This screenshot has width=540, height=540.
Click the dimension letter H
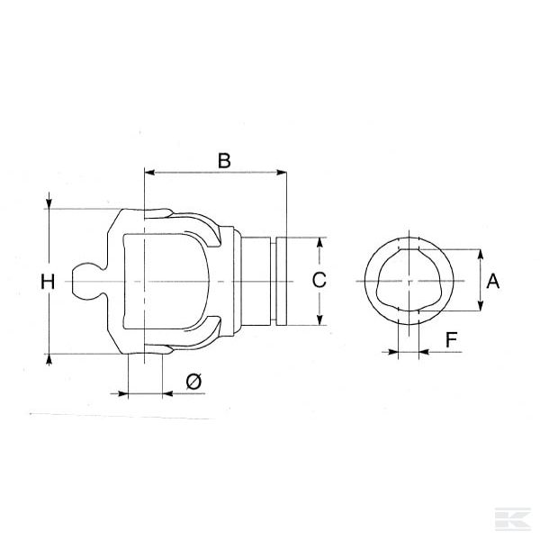click(48, 282)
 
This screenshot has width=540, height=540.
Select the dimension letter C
click(319, 280)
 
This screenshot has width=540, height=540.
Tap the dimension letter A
click(492, 281)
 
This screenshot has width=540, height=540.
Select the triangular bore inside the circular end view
click(410, 280)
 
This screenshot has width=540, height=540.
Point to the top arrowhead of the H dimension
click(49, 203)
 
